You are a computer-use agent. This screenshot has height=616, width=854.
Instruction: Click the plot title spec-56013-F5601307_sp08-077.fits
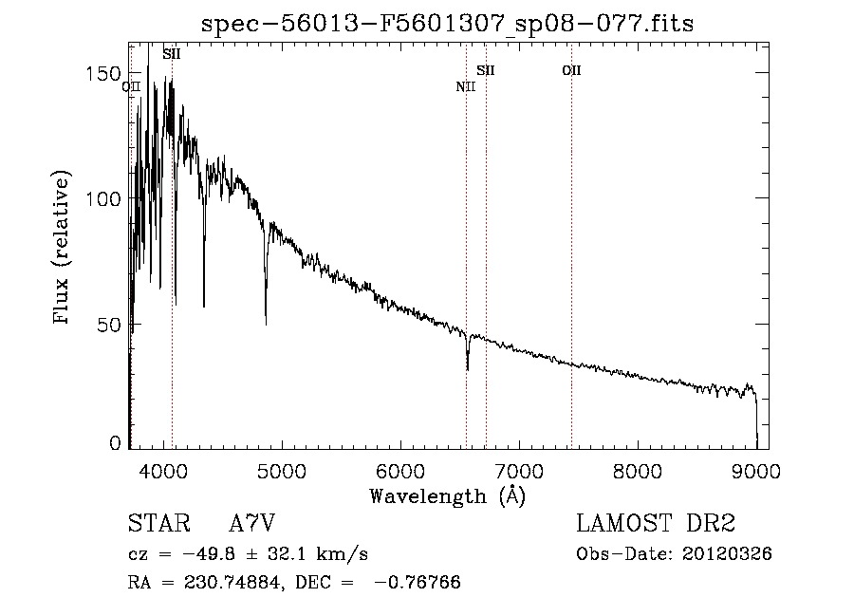[x=448, y=24]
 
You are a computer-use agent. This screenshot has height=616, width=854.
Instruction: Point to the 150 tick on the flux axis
[x=102, y=73]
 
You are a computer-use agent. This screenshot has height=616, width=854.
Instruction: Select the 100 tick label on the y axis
[x=102, y=198]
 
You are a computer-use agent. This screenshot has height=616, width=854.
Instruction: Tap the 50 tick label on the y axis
[x=108, y=326]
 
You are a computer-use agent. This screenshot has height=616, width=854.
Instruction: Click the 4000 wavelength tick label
[x=163, y=472]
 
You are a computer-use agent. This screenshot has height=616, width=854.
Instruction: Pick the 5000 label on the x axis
[x=282, y=472]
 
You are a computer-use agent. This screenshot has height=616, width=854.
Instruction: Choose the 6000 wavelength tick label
[x=400, y=472]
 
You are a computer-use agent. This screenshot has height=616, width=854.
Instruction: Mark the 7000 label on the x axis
[x=519, y=472]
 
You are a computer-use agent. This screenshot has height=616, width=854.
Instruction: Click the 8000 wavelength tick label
[x=638, y=472]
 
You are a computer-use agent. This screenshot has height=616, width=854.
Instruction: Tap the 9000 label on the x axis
[x=756, y=472]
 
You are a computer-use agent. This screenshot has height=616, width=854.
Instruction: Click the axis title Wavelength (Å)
[x=448, y=496]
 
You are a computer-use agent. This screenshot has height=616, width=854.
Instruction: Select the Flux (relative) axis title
[x=62, y=247]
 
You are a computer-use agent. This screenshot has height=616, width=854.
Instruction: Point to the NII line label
[x=466, y=86]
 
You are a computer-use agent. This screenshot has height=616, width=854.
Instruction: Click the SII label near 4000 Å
[x=172, y=54]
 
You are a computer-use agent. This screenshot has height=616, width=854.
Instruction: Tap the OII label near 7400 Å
[x=572, y=70]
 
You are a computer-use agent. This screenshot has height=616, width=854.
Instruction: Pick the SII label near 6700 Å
[x=486, y=70]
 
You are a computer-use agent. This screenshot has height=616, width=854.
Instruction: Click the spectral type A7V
[x=252, y=523]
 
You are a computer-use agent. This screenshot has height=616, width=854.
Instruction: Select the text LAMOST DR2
[x=656, y=523]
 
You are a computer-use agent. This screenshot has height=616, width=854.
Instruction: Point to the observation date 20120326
[x=727, y=554]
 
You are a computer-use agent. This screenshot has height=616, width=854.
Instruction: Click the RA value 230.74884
[x=233, y=582]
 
